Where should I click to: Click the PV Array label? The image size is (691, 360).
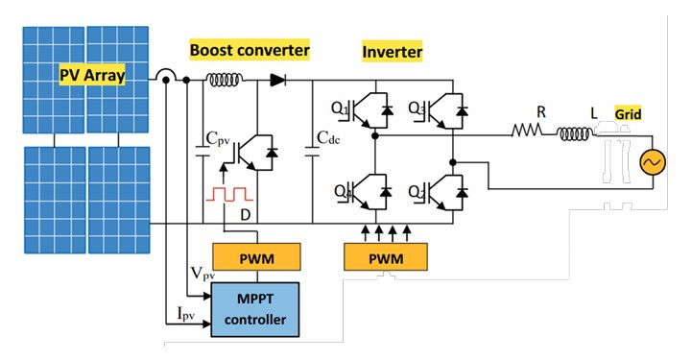pos(91,74)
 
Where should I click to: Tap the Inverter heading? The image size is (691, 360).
pos(392,49)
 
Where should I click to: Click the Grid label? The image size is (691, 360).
pos(629,114)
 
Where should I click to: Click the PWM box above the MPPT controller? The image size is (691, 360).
pos(257,257)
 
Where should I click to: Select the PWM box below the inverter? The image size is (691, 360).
pos(385,257)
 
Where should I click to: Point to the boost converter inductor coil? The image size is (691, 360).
pos(223,83)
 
